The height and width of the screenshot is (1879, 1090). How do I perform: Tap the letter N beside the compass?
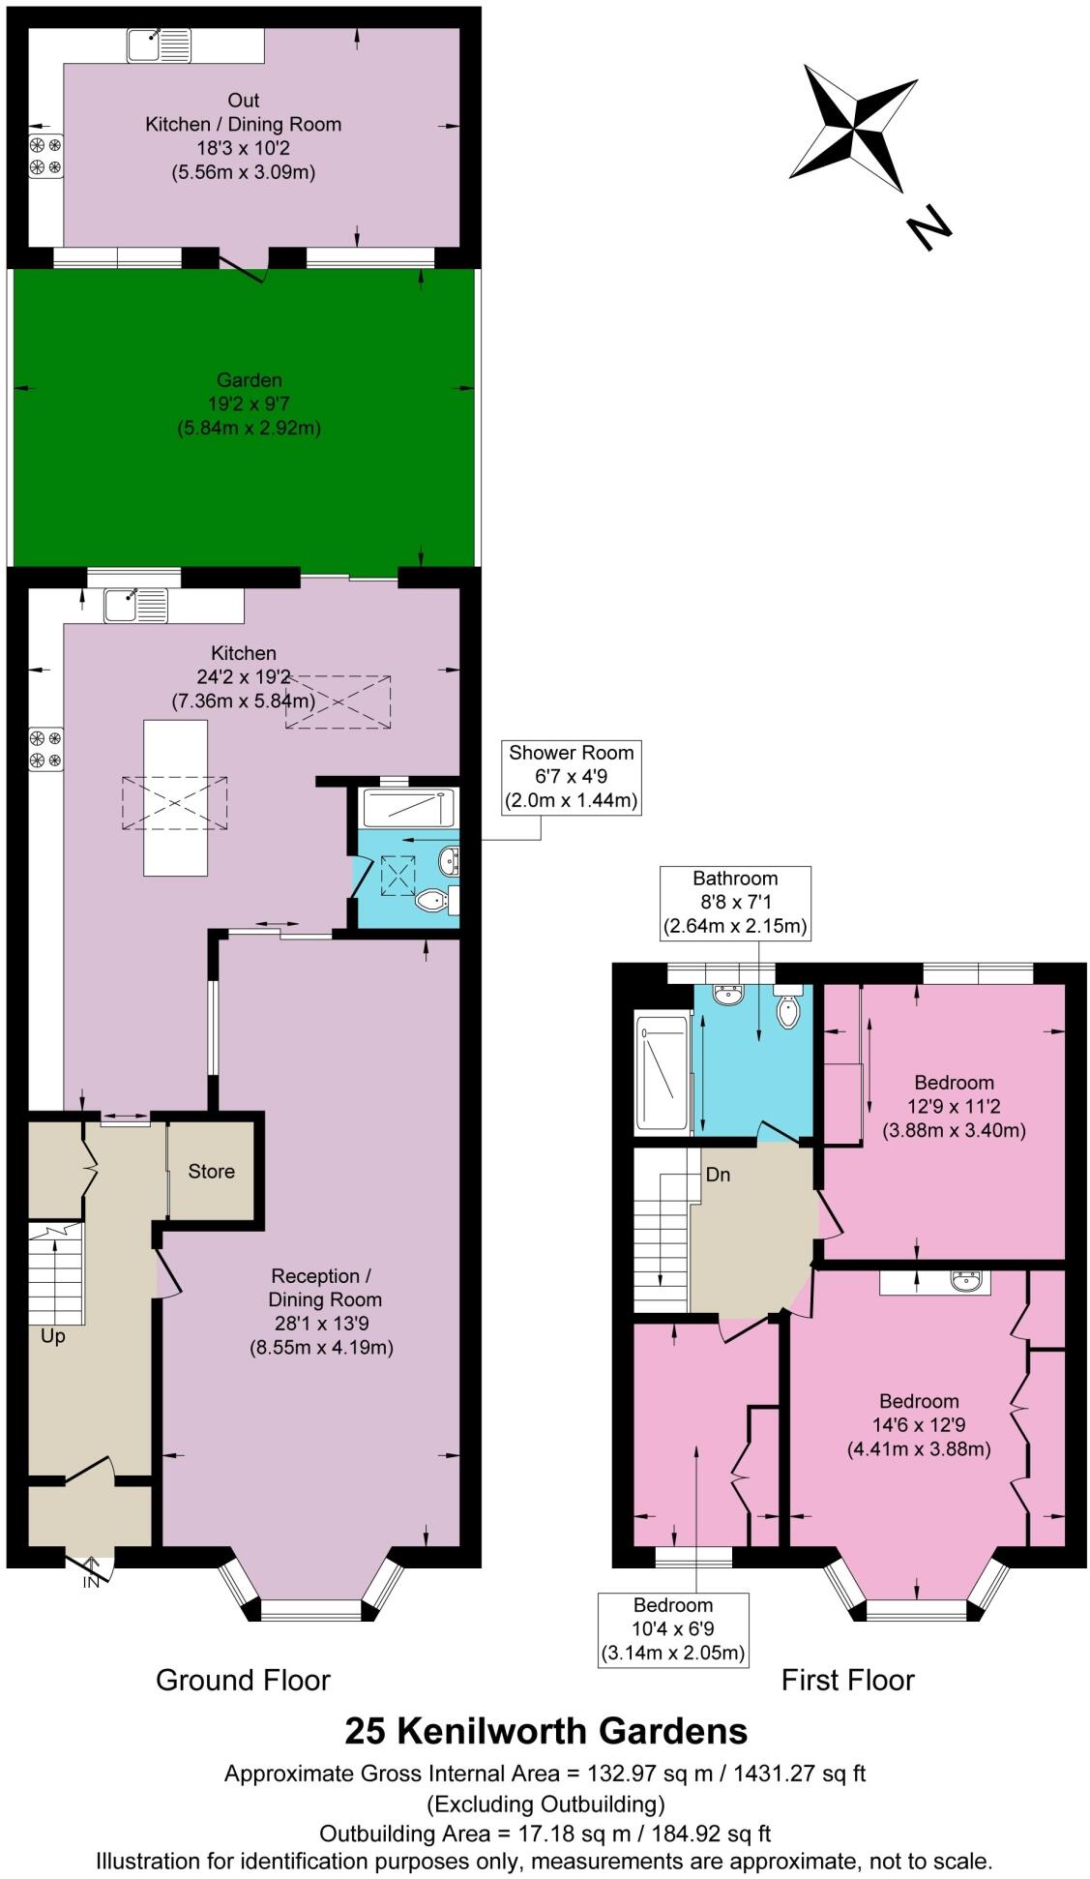(928, 228)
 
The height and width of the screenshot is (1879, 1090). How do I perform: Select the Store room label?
(211, 1172)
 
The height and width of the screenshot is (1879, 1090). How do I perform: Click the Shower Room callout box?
(571, 777)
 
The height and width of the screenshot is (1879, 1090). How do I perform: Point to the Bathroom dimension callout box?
(734, 902)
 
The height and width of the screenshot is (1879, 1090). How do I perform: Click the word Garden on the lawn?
(250, 380)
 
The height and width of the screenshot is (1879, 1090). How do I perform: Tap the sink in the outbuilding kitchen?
(159, 45)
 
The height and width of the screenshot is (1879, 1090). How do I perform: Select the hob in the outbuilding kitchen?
(45, 157)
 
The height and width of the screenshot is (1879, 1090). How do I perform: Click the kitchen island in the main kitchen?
(175, 797)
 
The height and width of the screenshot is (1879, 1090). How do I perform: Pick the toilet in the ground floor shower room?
(431, 902)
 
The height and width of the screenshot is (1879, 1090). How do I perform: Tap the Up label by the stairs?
(52, 1336)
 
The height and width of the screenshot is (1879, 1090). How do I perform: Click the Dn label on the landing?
(718, 1175)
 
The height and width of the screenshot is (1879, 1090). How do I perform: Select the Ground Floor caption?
(243, 1681)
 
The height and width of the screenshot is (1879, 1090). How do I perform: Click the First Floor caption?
(847, 1681)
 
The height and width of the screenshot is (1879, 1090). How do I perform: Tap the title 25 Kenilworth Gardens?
(545, 1730)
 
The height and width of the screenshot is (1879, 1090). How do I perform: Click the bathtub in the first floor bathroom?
(662, 1073)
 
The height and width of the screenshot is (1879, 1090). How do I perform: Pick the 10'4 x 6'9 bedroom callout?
(673, 1629)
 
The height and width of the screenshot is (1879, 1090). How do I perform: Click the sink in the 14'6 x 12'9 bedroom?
(966, 1282)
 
